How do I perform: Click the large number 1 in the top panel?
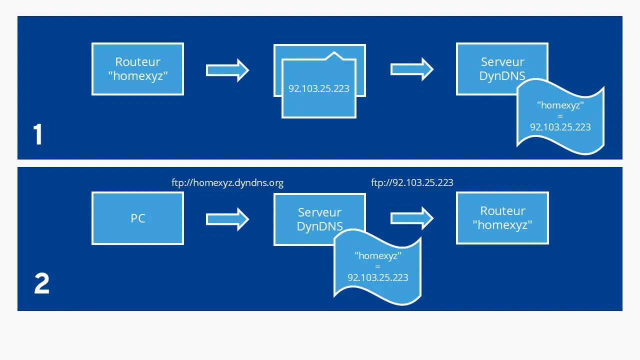click(38, 134)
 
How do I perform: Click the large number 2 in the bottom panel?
click(41, 284)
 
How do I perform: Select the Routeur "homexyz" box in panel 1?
click(137, 69)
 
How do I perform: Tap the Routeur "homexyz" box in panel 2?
click(502, 218)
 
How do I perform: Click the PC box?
click(137, 218)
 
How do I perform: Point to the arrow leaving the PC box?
click(227, 218)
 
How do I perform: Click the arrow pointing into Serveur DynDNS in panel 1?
click(411, 69)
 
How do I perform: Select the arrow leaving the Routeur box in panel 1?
click(227, 69)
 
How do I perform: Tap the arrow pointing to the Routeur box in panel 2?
click(411, 218)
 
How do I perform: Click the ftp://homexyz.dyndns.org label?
click(227, 182)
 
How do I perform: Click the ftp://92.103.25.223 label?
click(412, 182)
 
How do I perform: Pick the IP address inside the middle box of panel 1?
click(319, 89)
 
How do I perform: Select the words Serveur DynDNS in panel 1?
click(502, 68)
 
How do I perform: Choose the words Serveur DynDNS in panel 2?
click(319, 219)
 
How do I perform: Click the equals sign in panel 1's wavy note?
click(560, 116)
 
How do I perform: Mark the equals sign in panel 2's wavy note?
click(377, 266)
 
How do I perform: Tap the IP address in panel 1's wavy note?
click(560, 127)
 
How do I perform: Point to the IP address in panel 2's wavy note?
click(377, 277)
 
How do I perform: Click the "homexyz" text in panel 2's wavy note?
click(377, 255)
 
